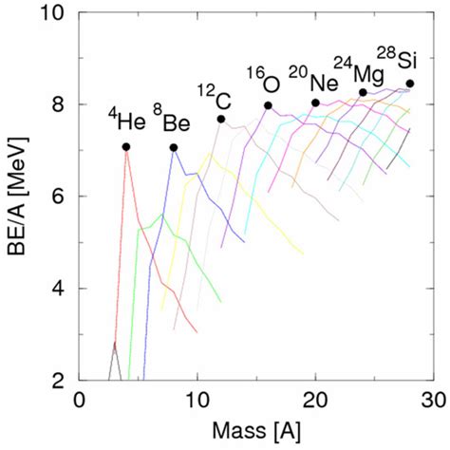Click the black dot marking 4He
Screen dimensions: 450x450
pos(126,146)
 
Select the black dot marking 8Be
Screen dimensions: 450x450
pos(174,147)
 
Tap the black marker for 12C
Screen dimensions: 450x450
pos(221,119)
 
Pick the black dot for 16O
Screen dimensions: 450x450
pos(268,105)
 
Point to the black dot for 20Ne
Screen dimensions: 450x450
pos(315,103)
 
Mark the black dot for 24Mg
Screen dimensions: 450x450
pos(363,92)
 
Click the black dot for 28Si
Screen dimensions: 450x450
pos(410,84)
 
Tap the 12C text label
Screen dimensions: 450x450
pos(214,93)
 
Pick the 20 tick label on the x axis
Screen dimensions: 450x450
pos(315,401)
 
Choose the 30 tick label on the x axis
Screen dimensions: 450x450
pos(434,401)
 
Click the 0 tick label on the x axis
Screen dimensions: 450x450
pos(80,401)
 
